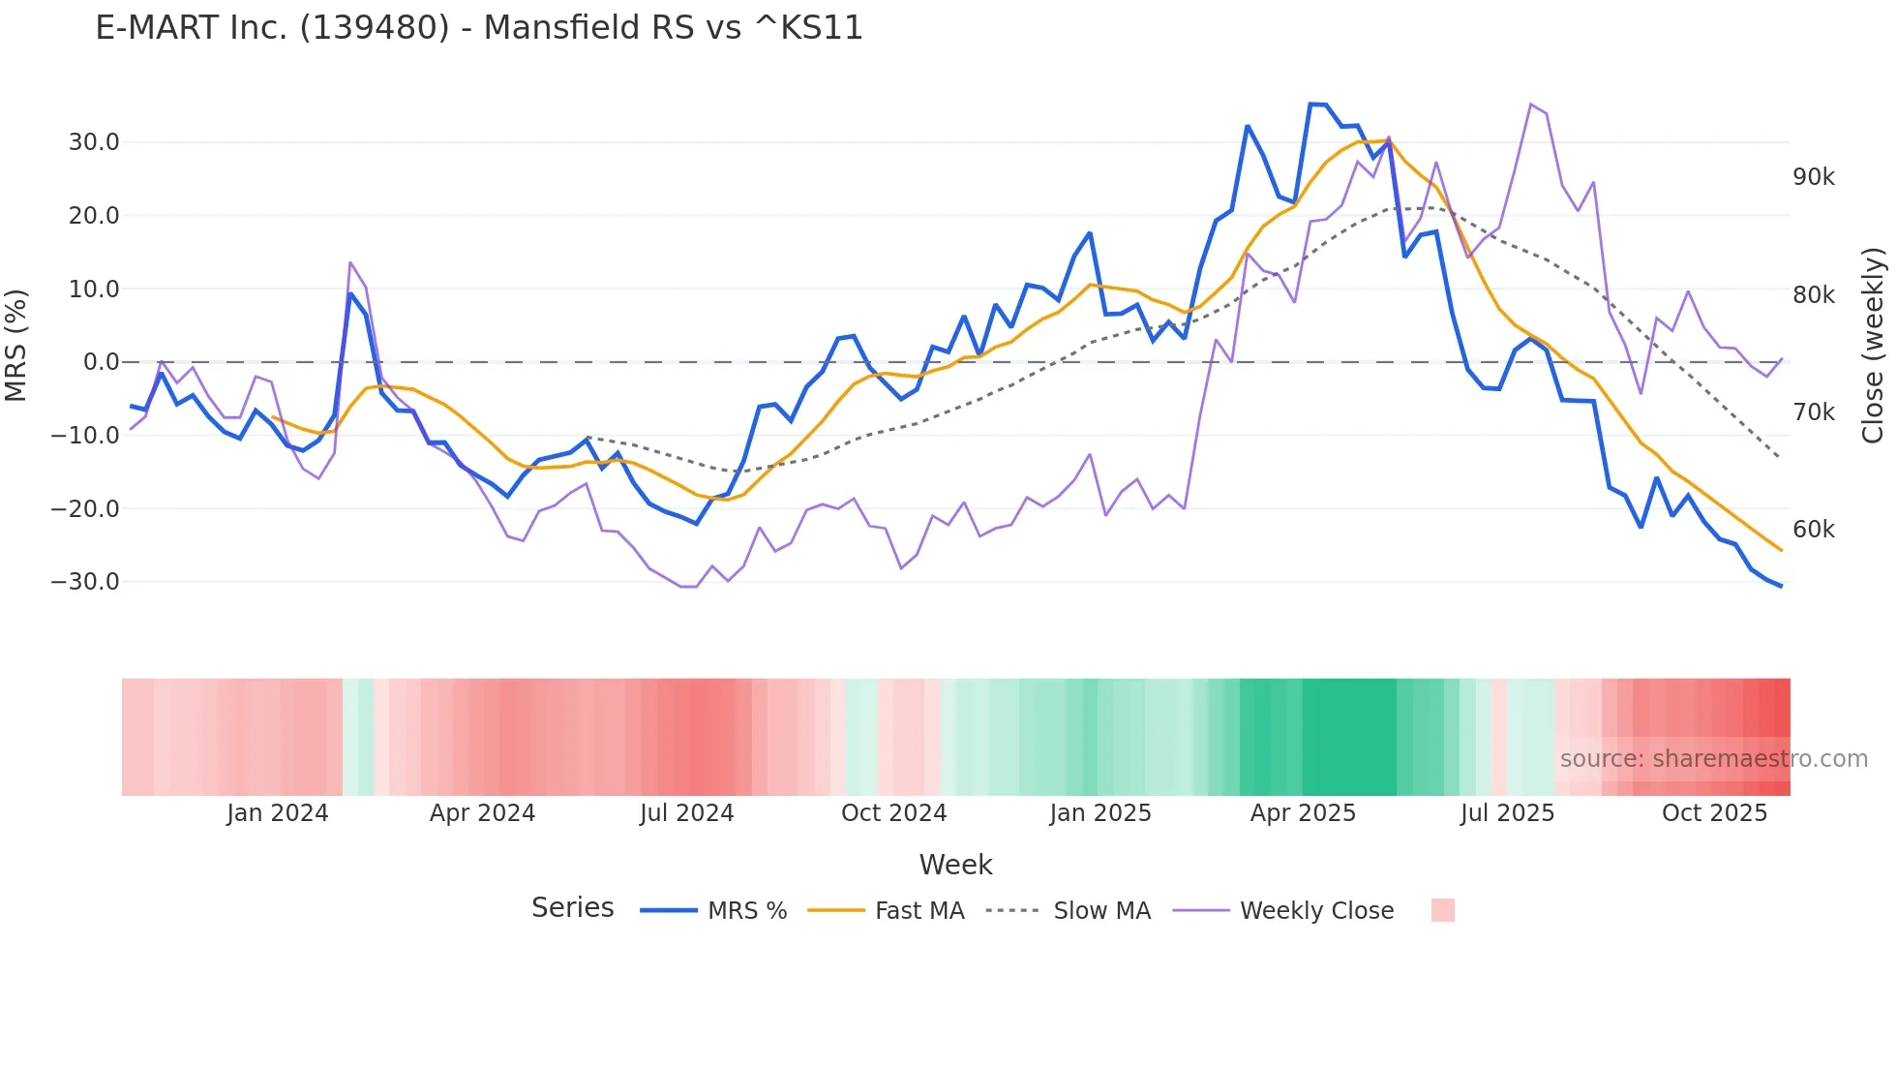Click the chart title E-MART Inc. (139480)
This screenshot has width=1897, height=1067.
(x=478, y=28)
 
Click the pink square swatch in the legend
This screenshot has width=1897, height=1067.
(x=1442, y=910)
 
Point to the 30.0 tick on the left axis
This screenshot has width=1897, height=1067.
(x=94, y=142)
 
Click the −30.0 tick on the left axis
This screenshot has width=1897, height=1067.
(x=85, y=582)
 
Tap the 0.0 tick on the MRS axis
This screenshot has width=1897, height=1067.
(x=102, y=362)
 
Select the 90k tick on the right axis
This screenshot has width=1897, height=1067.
(x=1813, y=177)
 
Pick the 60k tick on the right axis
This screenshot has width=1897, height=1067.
(x=1813, y=530)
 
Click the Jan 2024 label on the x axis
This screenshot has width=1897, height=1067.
(x=278, y=813)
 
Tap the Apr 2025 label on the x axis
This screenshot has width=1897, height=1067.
(x=1303, y=813)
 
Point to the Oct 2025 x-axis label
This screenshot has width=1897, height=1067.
(x=1714, y=813)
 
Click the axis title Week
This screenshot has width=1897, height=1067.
(x=955, y=865)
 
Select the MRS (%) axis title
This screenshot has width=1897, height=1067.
(x=16, y=346)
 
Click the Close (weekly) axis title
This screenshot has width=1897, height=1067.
(x=1874, y=346)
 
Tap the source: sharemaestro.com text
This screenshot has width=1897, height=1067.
(x=1713, y=759)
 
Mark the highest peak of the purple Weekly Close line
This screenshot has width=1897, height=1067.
(x=1530, y=105)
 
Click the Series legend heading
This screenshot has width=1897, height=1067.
(x=572, y=908)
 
